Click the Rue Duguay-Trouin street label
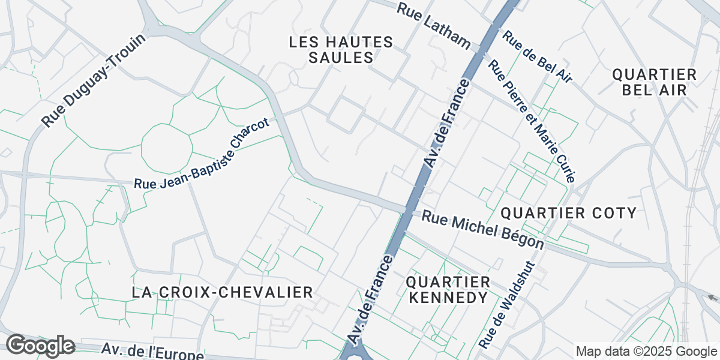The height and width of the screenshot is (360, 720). click(94, 81)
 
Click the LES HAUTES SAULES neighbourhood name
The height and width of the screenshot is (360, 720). click(340, 50)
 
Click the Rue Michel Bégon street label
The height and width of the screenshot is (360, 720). click(482, 230)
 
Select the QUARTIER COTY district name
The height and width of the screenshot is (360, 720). click(568, 213)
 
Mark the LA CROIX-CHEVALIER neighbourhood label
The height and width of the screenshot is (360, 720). click(222, 292)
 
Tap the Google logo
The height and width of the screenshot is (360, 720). click(40, 346)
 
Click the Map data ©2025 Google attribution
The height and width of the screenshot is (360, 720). click(646, 352)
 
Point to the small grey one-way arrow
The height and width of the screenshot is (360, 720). click(712, 297)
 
